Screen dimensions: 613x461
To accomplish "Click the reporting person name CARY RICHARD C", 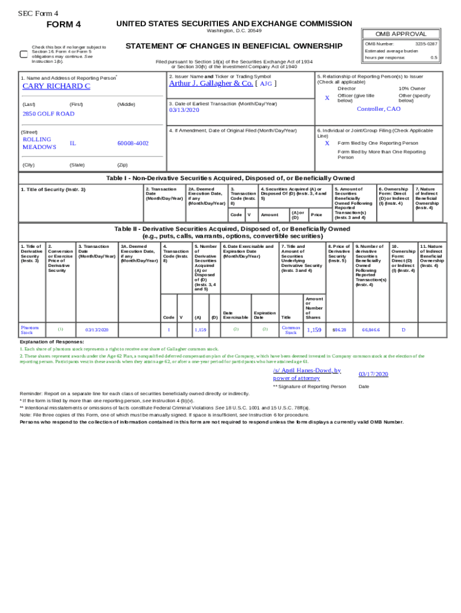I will coord(56,86).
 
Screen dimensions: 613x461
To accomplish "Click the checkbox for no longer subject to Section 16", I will coord(24,54).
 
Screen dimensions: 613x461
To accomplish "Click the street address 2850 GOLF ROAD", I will coord(48,114).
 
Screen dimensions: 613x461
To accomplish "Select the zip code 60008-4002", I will coord(133,143).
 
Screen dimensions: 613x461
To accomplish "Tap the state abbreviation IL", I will coord(72,143).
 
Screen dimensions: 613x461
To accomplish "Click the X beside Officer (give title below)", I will coord(327,98).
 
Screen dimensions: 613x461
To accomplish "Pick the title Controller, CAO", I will coord(378,109).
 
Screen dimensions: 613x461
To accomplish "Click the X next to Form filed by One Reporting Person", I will coord(327,143).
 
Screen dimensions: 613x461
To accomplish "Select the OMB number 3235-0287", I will coord(426,44).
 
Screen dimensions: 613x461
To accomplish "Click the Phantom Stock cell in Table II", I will coord(30,330).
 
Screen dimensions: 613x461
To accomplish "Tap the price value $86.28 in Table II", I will coord(339,330).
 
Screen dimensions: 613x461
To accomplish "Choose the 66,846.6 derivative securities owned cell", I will coord(371,330).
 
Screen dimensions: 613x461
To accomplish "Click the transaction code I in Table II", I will coord(169,330).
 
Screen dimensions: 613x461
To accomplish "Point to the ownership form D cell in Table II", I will coord(403,330).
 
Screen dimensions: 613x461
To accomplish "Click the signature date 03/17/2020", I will coord(374,374).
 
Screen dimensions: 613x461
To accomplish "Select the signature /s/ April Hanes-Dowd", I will coord(307,374).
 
